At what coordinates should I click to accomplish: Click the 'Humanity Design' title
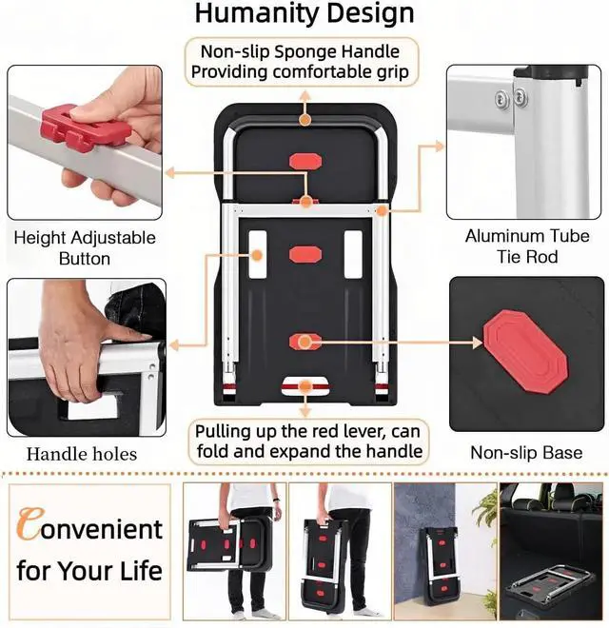click(x=304, y=14)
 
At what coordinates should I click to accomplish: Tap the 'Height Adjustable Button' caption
click(x=85, y=248)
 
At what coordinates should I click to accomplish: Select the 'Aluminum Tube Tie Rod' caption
click(x=527, y=246)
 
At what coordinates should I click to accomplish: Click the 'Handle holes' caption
click(x=82, y=454)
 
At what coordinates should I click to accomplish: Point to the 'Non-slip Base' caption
click(x=526, y=453)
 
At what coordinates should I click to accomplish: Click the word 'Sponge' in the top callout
click(x=304, y=51)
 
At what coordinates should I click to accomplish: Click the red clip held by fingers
click(x=86, y=126)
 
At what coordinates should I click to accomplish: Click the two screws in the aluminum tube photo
click(x=511, y=98)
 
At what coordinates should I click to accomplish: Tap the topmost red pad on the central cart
click(x=305, y=161)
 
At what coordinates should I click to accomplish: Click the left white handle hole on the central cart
click(x=258, y=254)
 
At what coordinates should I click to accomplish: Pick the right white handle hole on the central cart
click(x=353, y=254)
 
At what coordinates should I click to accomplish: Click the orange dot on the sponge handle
click(x=305, y=119)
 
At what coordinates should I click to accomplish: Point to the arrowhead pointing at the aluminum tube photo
click(x=440, y=147)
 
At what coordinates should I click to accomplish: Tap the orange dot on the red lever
click(x=305, y=387)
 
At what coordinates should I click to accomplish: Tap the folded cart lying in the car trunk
click(x=551, y=582)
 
